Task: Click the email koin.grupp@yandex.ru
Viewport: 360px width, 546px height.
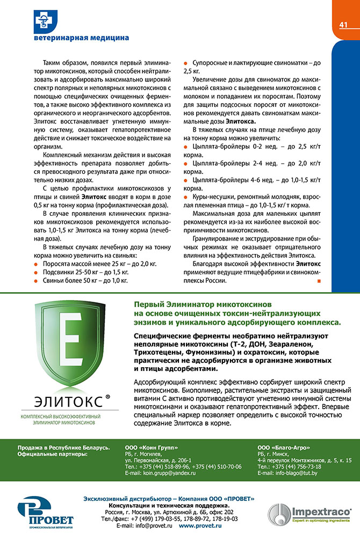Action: point(160,473)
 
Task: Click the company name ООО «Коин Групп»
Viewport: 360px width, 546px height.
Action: point(151,447)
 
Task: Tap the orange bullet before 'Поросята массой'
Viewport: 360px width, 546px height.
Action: point(35,264)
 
